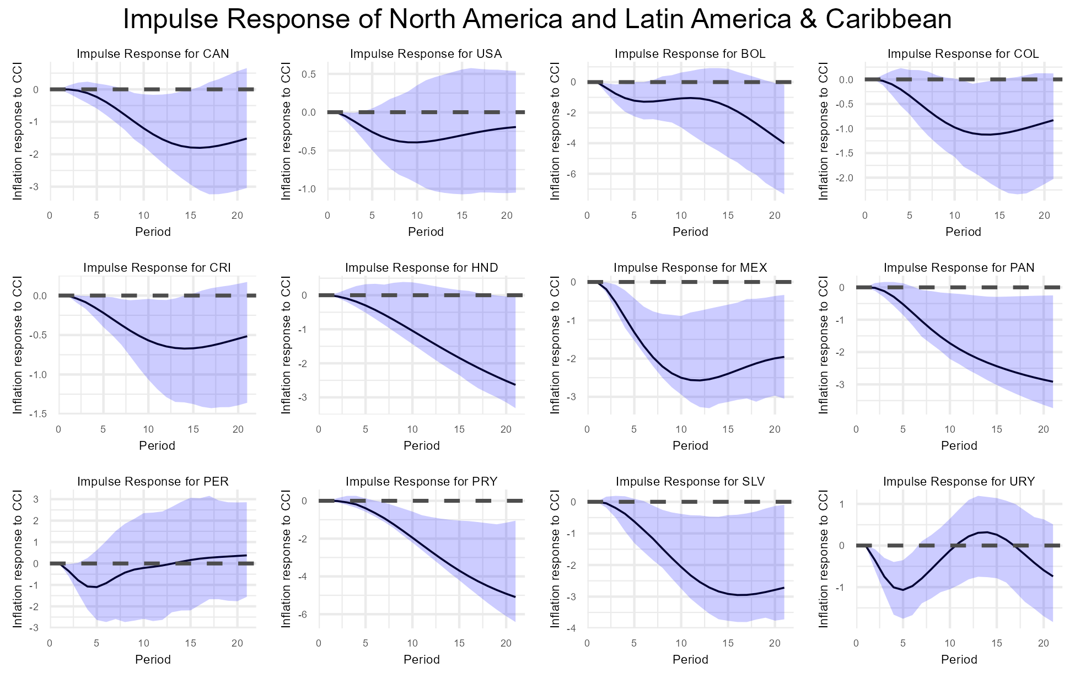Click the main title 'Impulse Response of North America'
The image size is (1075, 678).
(x=537, y=20)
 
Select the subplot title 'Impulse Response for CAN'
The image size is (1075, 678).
(x=153, y=54)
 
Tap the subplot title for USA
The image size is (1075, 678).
(x=426, y=54)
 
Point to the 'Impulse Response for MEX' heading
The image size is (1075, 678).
(x=690, y=268)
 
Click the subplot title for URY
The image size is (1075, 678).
(x=959, y=482)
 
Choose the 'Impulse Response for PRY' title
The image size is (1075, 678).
(x=422, y=482)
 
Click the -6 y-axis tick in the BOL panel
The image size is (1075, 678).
(x=573, y=174)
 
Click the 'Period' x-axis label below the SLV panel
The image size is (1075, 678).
(x=690, y=659)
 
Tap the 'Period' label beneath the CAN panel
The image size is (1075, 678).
(x=153, y=232)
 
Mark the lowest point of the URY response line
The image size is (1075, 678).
(x=903, y=590)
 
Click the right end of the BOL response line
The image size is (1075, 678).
(x=784, y=143)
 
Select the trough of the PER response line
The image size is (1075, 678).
(x=96, y=587)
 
